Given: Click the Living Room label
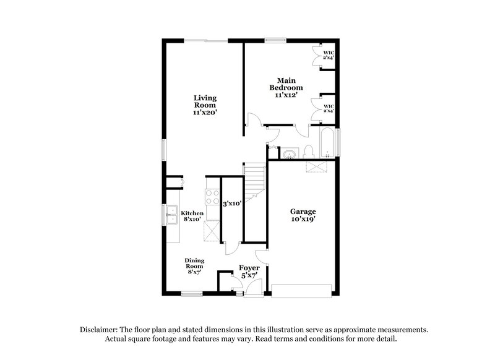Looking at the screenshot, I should coord(205,105).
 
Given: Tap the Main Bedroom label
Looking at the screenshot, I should coord(285,88).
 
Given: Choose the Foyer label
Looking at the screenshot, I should coord(249,272).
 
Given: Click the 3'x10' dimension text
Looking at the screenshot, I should coord(233,203).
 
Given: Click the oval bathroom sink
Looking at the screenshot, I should coord(288,153).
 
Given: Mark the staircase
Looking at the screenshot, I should coord(254,183).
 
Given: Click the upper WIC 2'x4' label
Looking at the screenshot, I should coord(328,56).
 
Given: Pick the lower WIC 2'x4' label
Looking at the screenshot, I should coord(328,108).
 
